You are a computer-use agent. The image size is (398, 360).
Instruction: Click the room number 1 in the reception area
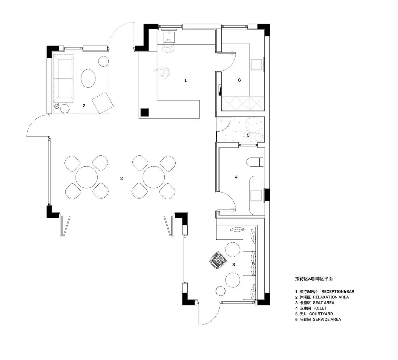[185, 80]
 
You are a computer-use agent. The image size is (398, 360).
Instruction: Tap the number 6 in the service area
[240, 80]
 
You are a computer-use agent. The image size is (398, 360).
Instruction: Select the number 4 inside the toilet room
[236, 177]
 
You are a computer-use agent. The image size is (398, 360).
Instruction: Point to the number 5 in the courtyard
[248, 135]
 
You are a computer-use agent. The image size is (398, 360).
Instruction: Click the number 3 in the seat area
[234, 264]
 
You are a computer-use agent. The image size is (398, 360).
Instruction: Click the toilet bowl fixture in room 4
[255, 162]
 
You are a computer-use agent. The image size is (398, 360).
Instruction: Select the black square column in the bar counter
[145, 112]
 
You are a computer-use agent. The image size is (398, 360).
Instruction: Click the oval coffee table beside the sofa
[88, 78]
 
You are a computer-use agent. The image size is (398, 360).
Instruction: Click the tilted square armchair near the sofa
[102, 103]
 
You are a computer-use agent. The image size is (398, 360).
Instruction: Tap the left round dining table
[87, 177]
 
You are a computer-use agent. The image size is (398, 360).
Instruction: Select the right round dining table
[154, 177]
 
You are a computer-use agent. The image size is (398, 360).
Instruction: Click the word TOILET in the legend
[320, 308]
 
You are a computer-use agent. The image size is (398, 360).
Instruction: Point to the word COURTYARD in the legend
[321, 314]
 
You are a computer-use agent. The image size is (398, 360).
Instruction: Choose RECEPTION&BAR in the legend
[338, 292]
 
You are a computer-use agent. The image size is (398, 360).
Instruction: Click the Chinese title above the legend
[314, 279]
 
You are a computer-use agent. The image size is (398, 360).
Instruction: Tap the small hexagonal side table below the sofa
[65, 108]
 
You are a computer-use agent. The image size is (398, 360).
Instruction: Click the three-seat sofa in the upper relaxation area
[63, 78]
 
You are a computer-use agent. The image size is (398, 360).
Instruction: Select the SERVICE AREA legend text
[327, 319]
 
